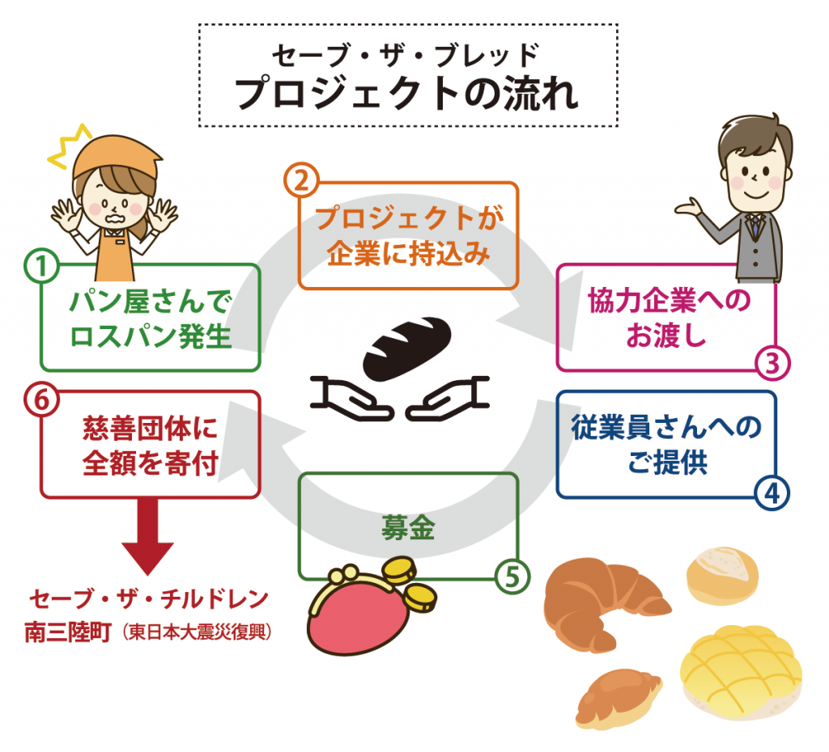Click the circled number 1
(x=41, y=265)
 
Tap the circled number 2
(x=301, y=180)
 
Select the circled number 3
(x=772, y=363)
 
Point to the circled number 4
(x=772, y=494)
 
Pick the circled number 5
(x=512, y=577)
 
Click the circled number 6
(x=41, y=399)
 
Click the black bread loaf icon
(x=406, y=348)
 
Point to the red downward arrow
(x=147, y=536)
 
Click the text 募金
(x=408, y=527)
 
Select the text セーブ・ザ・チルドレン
(x=149, y=599)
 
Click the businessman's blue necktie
(x=757, y=225)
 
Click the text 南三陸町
(x=68, y=632)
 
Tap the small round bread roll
(x=722, y=576)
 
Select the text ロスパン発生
(x=151, y=336)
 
